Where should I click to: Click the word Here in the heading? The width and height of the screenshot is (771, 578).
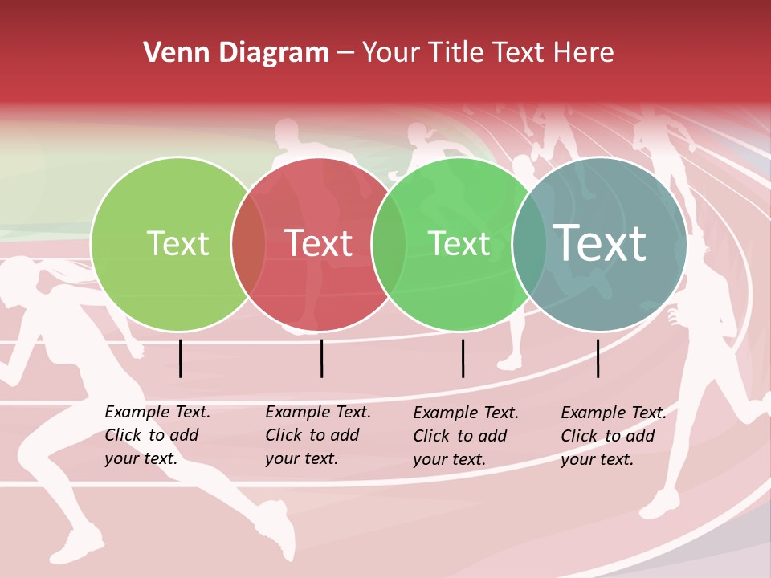(585, 53)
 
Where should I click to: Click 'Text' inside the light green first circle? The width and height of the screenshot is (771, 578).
(177, 243)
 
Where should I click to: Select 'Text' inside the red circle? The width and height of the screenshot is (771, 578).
(318, 243)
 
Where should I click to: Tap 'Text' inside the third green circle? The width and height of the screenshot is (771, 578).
(459, 243)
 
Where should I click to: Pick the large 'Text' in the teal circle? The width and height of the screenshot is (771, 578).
(599, 242)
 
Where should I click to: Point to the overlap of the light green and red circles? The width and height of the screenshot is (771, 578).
(248, 244)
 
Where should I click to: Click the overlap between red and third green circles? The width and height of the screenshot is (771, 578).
(389, 244)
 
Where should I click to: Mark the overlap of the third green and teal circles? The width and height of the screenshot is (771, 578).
(528, 244)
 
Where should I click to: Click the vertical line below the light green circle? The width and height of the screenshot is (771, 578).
(181, 358)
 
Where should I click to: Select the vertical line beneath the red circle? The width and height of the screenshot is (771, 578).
(321, 358)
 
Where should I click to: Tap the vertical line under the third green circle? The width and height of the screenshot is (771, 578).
(463, 358)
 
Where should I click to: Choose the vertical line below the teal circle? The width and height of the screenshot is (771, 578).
(598, 358)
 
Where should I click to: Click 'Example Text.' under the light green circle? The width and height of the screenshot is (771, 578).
(157, 412)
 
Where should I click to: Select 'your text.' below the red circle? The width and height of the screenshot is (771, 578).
(301, 458)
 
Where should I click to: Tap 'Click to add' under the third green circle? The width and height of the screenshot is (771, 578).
(460, 436)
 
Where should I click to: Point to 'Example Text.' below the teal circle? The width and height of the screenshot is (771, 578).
(614, 413)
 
